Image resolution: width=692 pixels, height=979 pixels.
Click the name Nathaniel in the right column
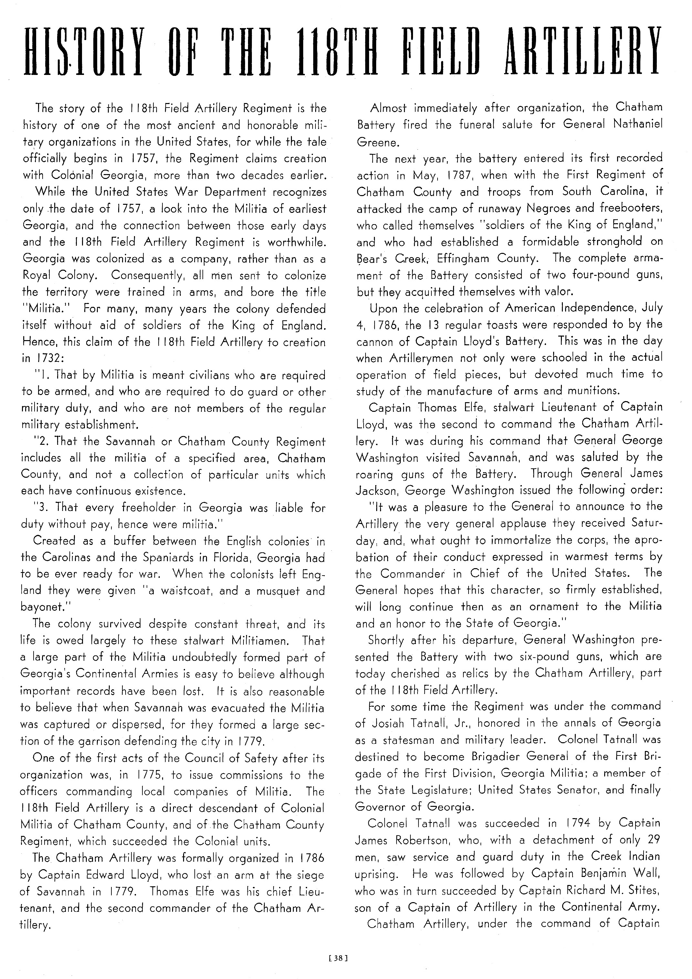638,124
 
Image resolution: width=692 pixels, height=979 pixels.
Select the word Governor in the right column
381,807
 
